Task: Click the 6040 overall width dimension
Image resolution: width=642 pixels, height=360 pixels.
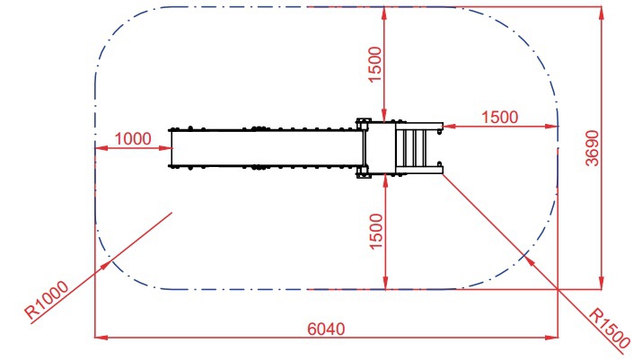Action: click(326, 329)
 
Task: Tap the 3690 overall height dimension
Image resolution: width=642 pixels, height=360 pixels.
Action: click(592, 148)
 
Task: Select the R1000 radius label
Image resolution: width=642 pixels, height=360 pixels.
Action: click(47, 300)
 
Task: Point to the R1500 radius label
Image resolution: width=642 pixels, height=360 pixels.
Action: click(609, 328)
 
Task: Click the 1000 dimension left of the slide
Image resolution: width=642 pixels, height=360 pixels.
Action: click(133, 139)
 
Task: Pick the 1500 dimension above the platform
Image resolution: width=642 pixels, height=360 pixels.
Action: click(375, 65)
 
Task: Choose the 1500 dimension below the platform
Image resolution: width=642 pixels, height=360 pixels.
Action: click(376, 232)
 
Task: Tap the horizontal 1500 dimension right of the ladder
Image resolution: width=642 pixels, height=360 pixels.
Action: click(500, 118)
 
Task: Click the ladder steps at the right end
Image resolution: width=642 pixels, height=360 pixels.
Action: click(415, 148)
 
